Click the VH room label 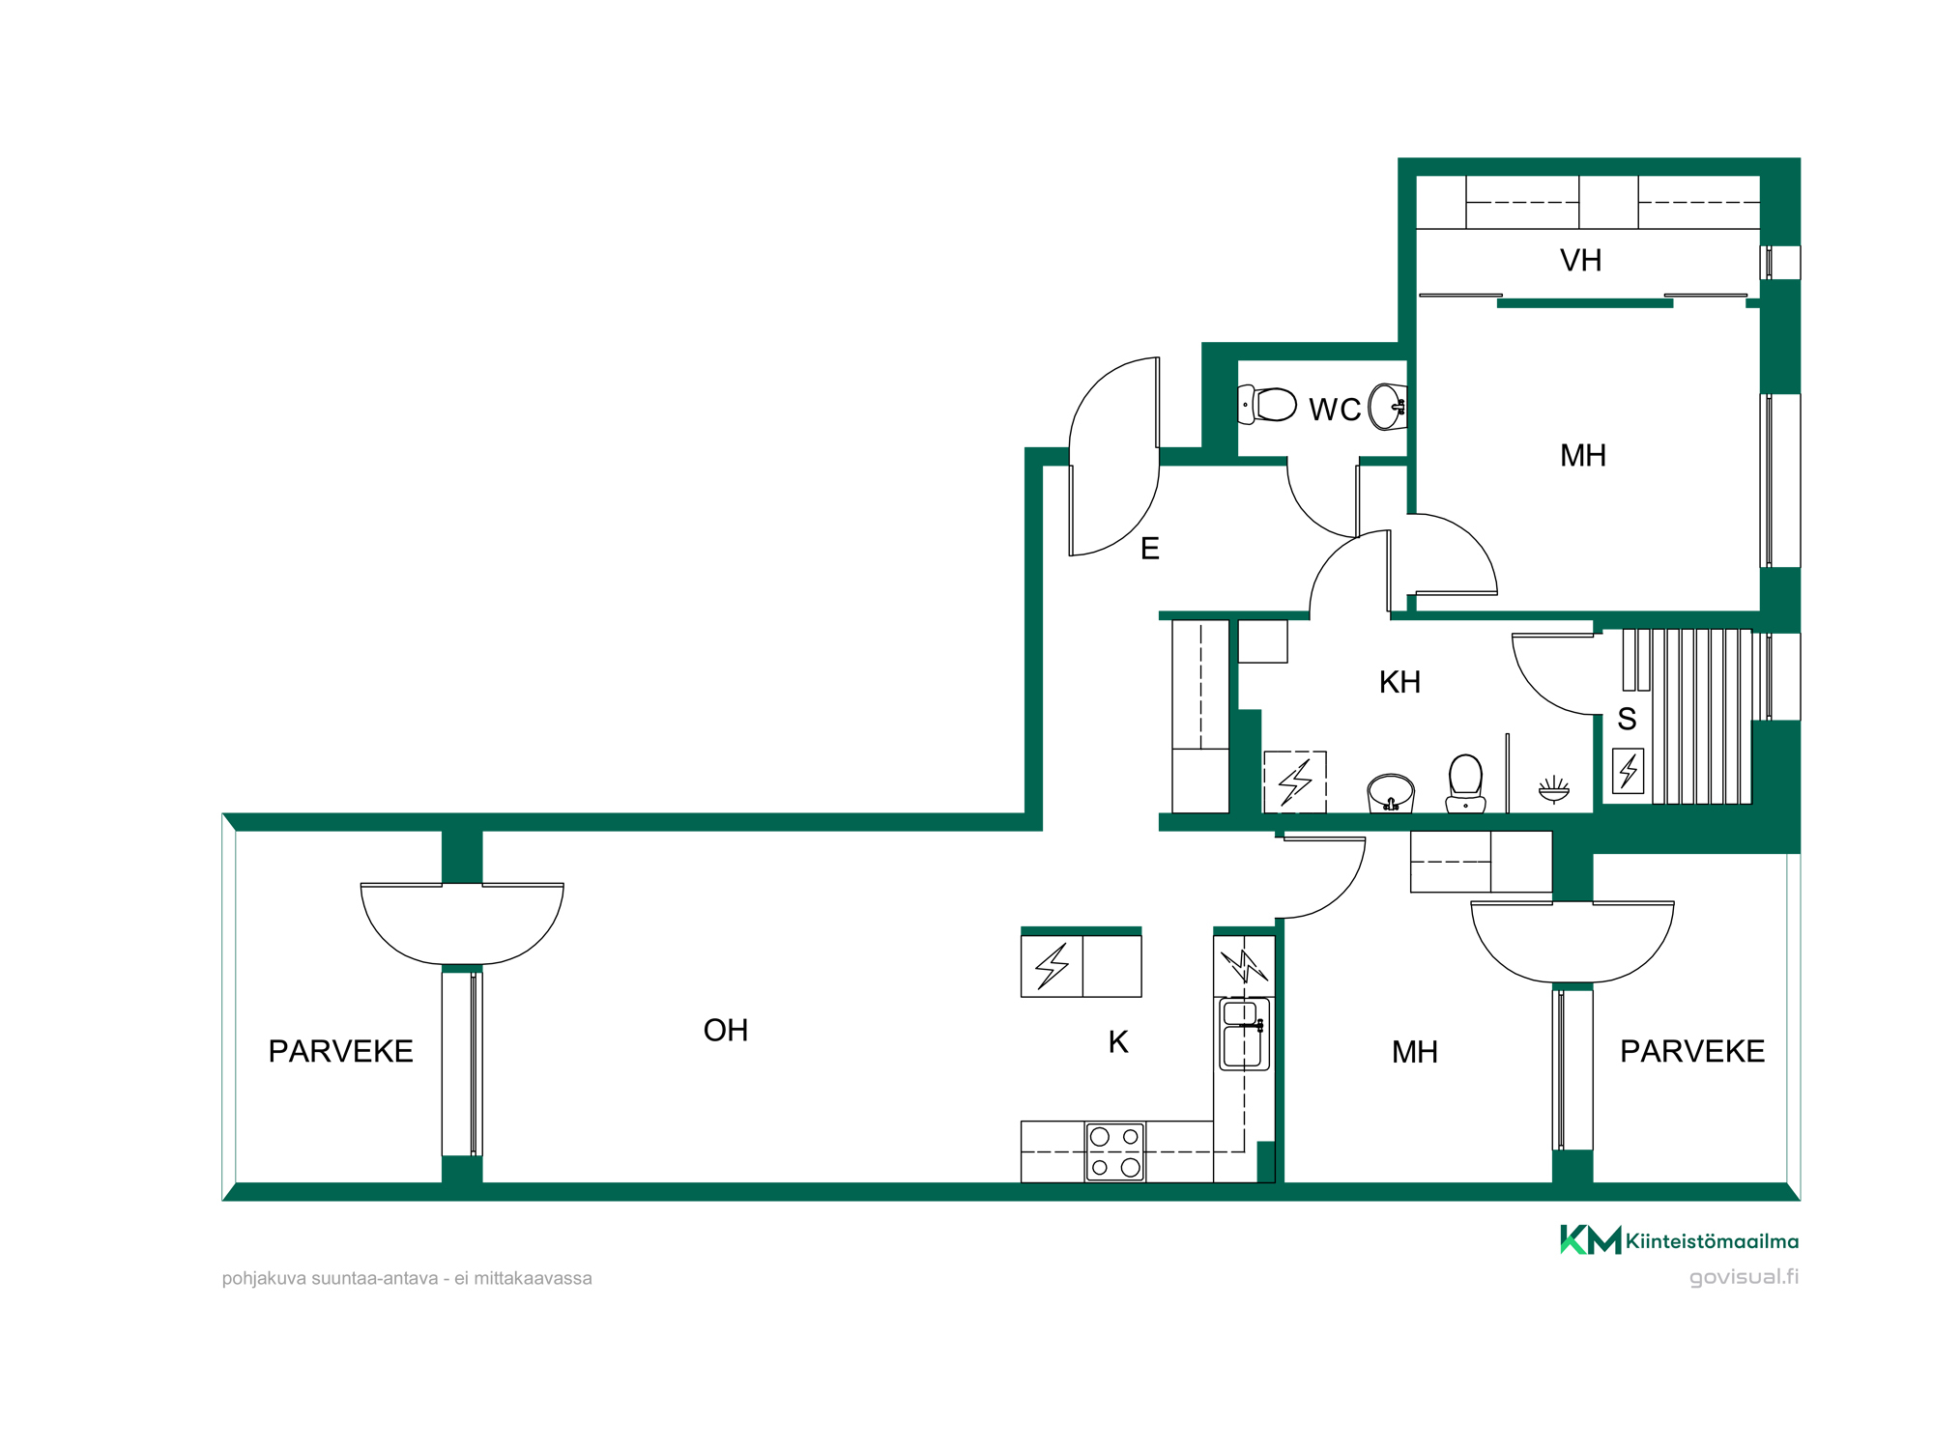(x=1581, y=260)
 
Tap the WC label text (x=1335, y=410)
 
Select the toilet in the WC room (x=1267, y=405)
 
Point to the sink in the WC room (x=1388, y=407)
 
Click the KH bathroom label (x=1399, y=682)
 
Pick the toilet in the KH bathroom (x=1466, y=783)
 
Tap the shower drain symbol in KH (x=1554, y=789)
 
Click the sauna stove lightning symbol (x=1629, y=771)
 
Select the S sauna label (x=1627, y=719)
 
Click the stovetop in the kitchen (x=1114, y=1151)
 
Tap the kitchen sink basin (x=1242, y=1035)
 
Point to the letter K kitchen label (x=1118, y=1042)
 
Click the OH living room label (x=726, y=1031)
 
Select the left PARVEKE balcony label (x=340, y=1051)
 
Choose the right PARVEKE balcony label (x=1692, y=1051)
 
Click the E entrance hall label (x=1150, y=549)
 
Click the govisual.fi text (x=1744, y=1277)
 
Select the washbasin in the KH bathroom (x=1391, y=792)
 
